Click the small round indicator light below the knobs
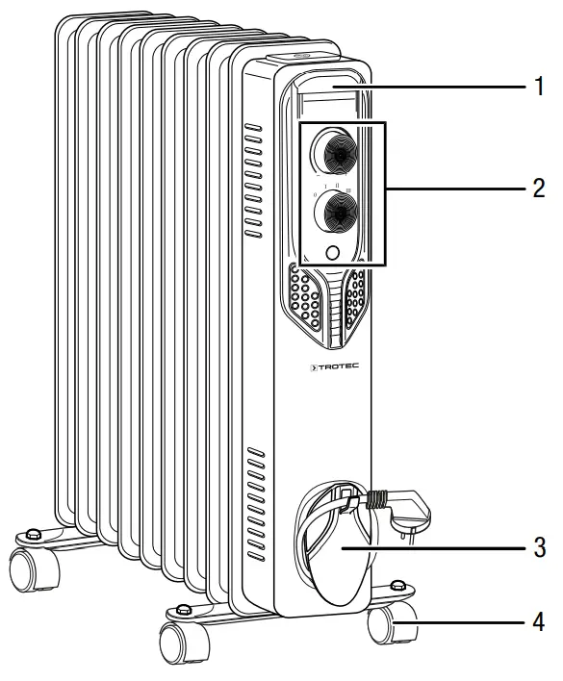[x=333, y=253]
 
